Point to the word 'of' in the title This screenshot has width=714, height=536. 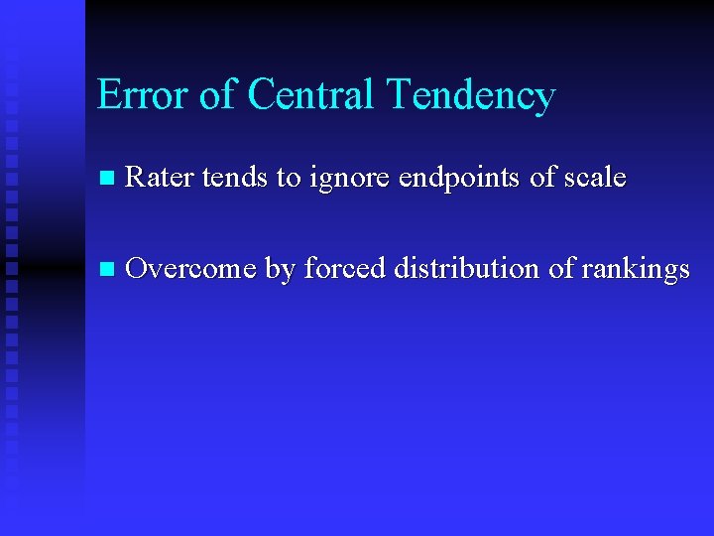click(x=217, y=95)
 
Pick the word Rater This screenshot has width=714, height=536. click(x=161, y=178)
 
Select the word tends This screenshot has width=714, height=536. click(x=235, y=178)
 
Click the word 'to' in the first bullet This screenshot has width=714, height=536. click(x=289, y=179)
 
